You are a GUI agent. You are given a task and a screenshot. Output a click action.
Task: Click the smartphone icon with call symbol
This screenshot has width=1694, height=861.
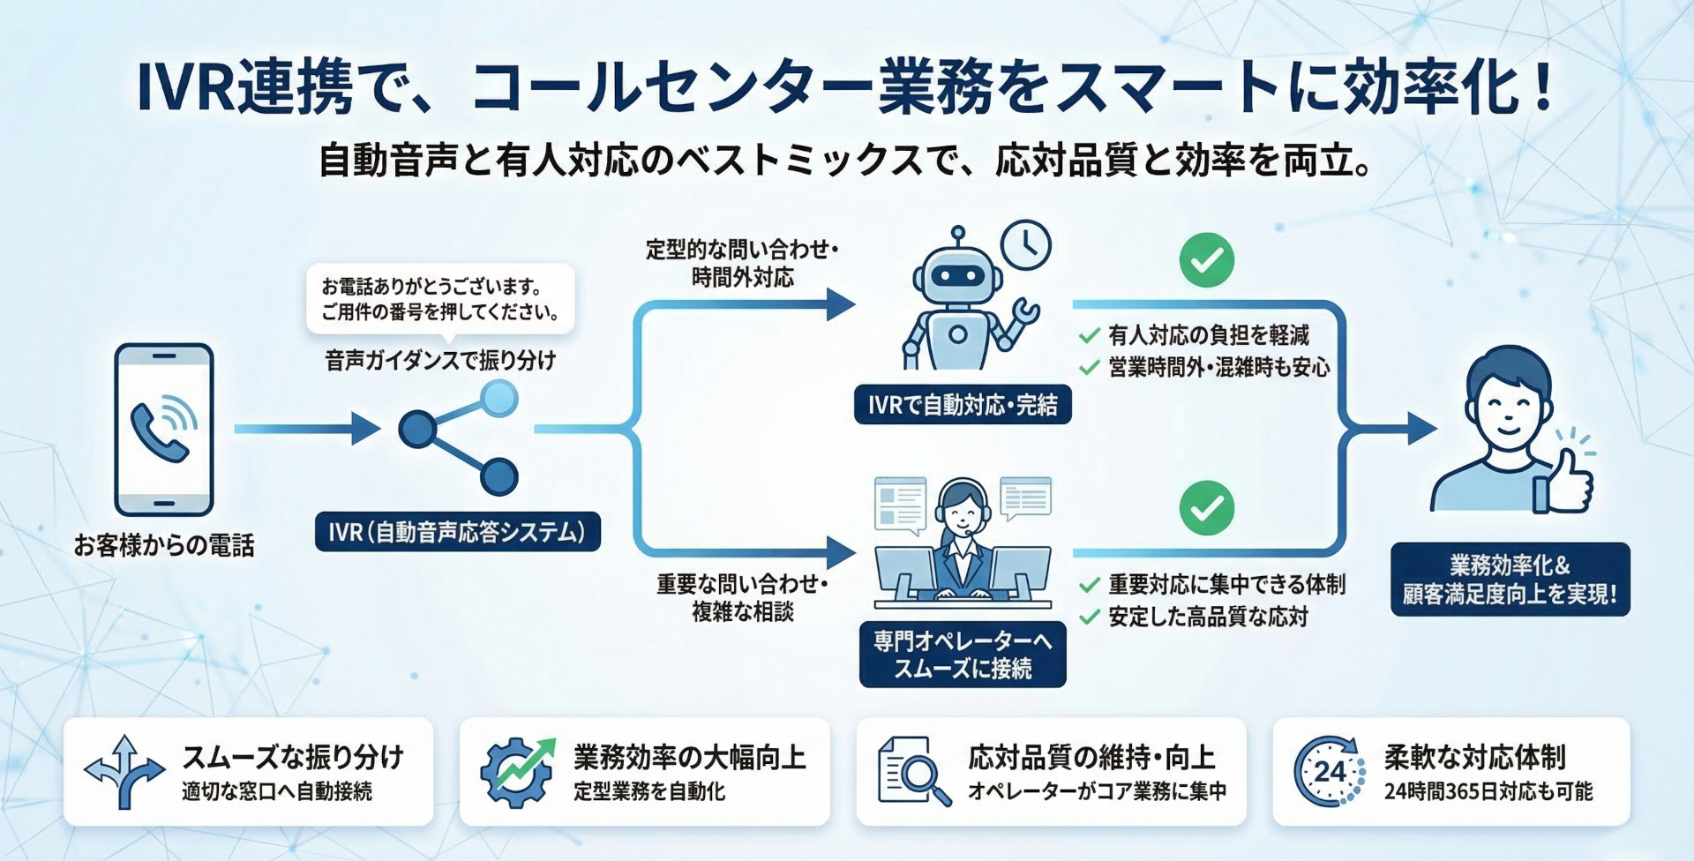[164, 429]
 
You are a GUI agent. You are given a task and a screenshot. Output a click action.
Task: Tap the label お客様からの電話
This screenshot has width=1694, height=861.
[164, 546]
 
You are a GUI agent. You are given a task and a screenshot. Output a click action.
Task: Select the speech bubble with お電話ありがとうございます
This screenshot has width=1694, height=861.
[440, 299]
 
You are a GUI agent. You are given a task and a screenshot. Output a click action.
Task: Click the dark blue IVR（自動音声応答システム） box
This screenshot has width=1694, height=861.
[457, 532]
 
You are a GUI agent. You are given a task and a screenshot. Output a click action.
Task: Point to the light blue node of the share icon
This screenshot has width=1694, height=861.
[500, 398]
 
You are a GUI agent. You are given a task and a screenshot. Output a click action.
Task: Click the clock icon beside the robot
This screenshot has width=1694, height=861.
[1026, 244]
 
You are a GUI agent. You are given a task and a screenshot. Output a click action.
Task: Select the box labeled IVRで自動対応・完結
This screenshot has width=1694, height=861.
[963, 405]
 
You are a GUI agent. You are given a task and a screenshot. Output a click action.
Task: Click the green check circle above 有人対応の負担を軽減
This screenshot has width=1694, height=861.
[1206, 260]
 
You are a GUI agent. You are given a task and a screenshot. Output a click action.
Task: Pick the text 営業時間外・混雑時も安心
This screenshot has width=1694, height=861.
[1218, 368]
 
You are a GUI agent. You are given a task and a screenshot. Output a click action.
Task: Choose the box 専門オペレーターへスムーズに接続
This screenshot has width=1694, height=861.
[963, 655]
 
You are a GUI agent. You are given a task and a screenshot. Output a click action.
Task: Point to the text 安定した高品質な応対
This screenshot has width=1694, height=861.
[1208, 617]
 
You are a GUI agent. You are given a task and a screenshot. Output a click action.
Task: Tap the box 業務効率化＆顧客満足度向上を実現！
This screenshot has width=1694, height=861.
[1510, 580]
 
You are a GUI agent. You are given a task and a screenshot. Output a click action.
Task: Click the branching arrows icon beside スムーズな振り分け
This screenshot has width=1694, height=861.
[124, 772]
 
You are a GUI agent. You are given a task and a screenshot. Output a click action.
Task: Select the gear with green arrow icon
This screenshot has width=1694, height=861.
[516, 772]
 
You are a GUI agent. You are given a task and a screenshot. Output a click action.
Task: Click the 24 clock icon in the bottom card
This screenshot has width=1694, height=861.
[1329, 772]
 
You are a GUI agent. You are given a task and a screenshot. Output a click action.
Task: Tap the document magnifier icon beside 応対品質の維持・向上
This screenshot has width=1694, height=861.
[913, 772]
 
